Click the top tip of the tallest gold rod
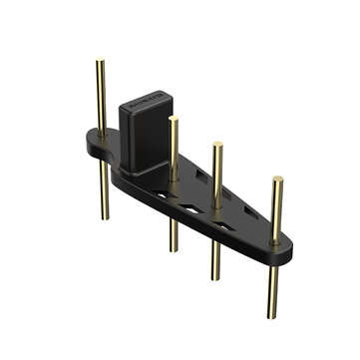pos(100,63)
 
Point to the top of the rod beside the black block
pos(174,120)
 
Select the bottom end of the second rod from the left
pos(174,249)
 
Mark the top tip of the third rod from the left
pos(217,146)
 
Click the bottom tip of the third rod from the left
pos(215,277)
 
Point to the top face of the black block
pos(147,102)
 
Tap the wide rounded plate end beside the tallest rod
pos(93,147)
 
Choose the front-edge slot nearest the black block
pos(161,196)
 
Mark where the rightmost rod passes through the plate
pos(274,240)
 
